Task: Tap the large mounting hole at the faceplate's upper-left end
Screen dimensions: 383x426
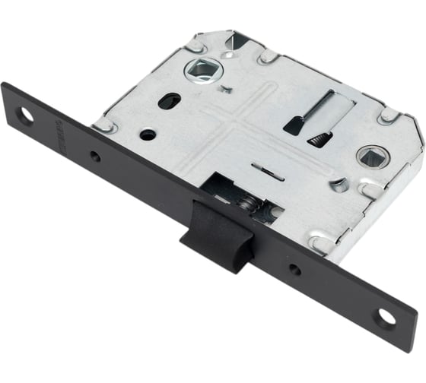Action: [x=26, y=116]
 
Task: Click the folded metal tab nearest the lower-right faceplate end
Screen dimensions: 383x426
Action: [x=320, y=243]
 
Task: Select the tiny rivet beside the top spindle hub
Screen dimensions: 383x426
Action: [x=225, y=89]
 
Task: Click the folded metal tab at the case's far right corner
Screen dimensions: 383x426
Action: [x=388, y=116]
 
